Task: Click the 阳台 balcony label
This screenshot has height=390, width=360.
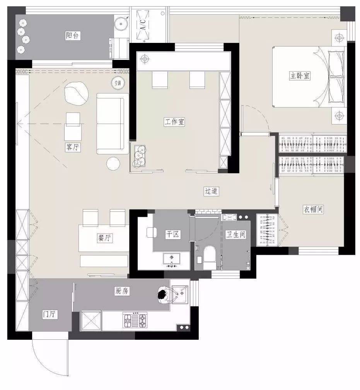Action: tap(72, 35)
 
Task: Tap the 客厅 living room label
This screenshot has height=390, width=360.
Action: tap(72, 147)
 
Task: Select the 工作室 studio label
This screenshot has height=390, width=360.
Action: tap(174, 122)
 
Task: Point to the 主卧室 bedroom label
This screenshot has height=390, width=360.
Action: tap(300, 75)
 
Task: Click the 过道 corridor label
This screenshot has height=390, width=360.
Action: tap(211, 191)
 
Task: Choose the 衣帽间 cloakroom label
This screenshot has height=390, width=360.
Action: tap(313, 209)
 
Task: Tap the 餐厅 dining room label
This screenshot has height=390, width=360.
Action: tap(105, 238)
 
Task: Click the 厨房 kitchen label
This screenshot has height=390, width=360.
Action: tap(122, 291)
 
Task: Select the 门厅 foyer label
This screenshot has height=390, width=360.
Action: tap(50, 314)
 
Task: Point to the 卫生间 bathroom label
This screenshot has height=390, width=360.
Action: tap(235, 234)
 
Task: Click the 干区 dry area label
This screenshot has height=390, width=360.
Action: tap(173, 234)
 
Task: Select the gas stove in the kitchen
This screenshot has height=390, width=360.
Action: tap(135, 320)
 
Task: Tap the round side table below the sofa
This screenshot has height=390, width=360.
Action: tap(113, 163)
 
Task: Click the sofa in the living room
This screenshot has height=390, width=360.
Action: tap(113, 124)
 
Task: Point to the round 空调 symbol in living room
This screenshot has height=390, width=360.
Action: tap(118, 83)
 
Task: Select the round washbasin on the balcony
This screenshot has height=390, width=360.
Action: tap(121, 24)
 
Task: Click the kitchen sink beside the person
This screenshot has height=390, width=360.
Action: tap(180, 295)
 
